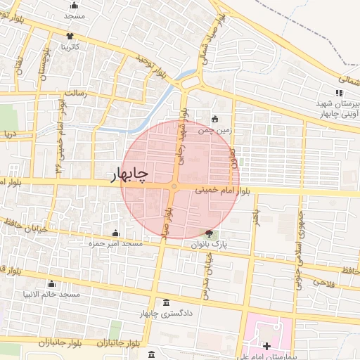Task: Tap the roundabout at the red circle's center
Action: [174, 186]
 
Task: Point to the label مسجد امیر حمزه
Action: [115, 243]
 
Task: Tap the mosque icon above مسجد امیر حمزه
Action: [116, 233]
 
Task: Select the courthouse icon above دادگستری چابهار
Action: [166, 302]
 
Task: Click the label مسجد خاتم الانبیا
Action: [53, 293]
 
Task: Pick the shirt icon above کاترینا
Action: [70, 37]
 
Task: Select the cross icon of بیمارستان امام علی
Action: [266, 346]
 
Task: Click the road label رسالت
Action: [74, 92]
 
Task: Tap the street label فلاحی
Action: [320, 282]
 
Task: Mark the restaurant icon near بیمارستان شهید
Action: [339, 93]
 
